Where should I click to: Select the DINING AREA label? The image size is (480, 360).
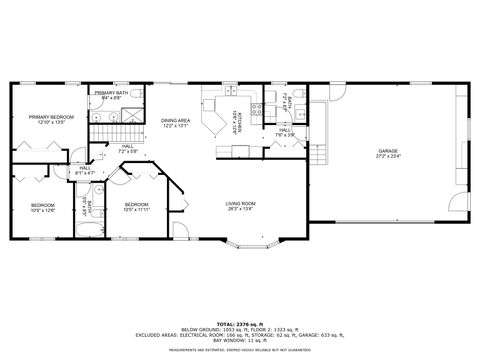click(x=175, y=121)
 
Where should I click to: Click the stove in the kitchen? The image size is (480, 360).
click(x=256, y=110)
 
